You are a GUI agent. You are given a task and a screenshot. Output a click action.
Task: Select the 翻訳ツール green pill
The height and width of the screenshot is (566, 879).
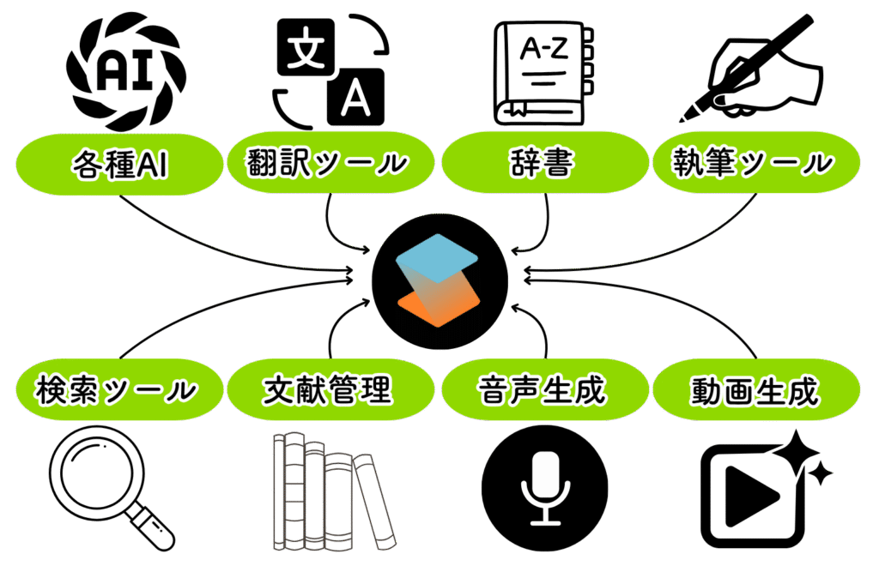327,162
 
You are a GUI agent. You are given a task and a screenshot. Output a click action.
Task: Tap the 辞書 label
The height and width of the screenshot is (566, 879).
546,162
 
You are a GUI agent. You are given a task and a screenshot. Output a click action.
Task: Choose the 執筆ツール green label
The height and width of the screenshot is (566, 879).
755,162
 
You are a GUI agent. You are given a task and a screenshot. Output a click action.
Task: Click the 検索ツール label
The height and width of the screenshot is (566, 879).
116,390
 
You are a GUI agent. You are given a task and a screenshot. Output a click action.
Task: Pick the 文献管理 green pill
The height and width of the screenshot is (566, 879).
327,390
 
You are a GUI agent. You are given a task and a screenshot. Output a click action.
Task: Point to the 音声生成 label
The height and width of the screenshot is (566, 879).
543,390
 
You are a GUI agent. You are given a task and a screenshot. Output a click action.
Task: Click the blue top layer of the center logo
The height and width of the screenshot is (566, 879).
439,257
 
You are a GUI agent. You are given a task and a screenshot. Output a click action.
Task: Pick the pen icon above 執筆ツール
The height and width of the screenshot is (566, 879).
755,73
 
